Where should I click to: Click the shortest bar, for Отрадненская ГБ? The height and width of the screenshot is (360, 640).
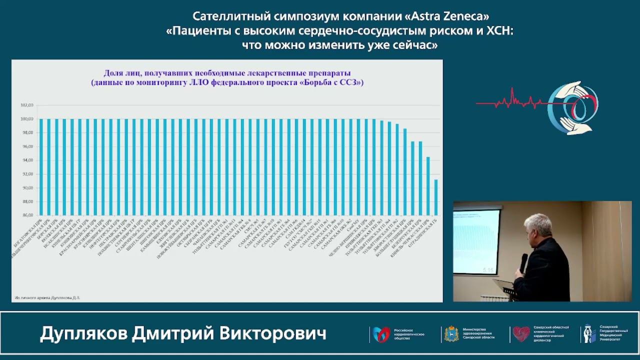[436, 197]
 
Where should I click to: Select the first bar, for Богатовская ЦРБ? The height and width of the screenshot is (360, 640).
[41, 167]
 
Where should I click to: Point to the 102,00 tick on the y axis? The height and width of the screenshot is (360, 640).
[26, 105]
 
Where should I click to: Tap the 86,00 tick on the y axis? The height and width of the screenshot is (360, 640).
[26, 215]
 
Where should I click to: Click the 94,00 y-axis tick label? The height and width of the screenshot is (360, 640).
[26, 160]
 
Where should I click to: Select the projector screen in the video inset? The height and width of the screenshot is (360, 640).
[476, 241]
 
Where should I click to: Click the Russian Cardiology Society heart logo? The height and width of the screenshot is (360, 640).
[381, 334]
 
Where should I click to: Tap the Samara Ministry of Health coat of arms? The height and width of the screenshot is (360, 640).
[451, 333]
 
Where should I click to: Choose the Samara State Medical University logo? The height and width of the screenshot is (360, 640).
[589, 333]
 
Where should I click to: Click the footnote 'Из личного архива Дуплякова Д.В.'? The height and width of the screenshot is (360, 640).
[47, 297]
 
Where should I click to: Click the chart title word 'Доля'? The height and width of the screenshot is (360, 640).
[113, 73]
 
